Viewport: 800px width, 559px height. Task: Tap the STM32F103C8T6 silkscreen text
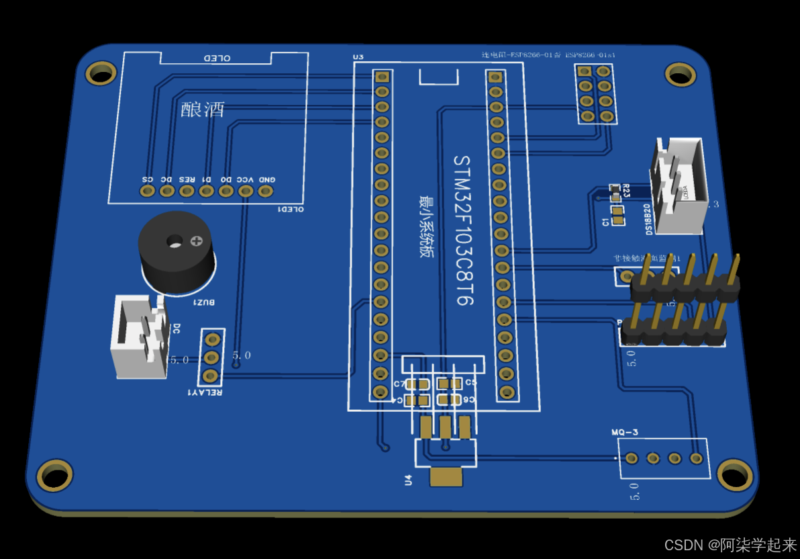[464, 230]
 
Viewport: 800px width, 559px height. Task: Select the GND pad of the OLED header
[266, 191]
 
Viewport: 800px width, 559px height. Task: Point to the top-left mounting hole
[101, 73]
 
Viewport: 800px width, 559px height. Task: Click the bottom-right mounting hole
[735, 474]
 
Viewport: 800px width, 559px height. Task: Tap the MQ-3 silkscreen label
[625, 432]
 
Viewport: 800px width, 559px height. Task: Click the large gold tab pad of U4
[446, 477]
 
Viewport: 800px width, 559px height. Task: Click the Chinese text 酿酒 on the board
[203, 110]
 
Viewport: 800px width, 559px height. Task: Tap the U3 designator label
[358, 56]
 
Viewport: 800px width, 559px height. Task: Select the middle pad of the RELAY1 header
[211, 357]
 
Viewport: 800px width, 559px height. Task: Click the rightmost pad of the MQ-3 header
[696, 458]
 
